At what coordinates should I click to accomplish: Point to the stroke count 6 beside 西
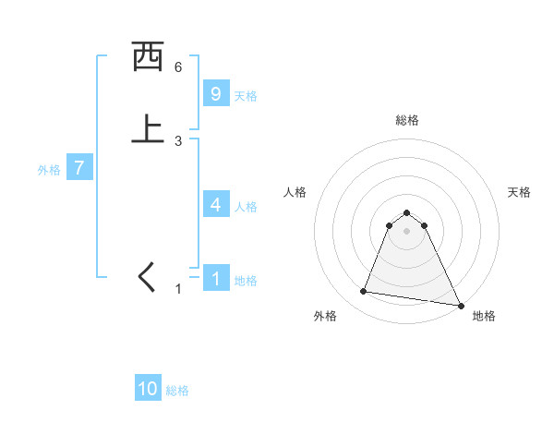coord(178,67)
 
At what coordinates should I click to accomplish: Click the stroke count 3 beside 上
coord(178,141)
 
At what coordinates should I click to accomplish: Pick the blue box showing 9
coord(215,94)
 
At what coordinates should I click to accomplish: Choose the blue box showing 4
coord(215,205)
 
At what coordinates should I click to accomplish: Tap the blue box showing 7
coord(79,169)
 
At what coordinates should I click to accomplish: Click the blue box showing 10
coord(148,389)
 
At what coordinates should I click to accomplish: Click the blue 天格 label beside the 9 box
coord(246,96)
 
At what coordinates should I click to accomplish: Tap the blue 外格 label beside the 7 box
coord(49,170)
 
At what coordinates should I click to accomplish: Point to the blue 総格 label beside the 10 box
coord(177,391)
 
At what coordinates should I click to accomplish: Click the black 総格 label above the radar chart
coord(407,120)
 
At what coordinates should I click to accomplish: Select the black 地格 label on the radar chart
coord(484,317)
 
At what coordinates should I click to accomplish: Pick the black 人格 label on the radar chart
coord(295,192)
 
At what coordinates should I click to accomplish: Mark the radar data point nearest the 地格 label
coord(460,305)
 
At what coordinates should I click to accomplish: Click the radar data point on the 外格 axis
coord(364,292)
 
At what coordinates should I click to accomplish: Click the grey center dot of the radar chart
coord(407,231)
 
